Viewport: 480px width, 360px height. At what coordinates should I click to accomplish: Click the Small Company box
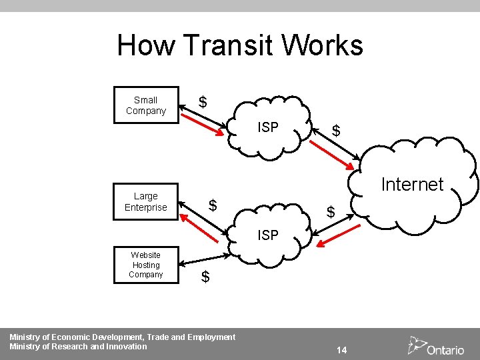145,105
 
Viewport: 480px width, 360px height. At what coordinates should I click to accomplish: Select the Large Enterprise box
145,201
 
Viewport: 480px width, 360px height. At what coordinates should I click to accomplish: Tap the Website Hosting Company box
145,265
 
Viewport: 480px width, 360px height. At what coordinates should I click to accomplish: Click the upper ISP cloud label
268,127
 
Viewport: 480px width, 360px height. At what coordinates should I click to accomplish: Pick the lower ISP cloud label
268,235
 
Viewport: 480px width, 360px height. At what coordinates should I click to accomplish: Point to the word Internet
411,184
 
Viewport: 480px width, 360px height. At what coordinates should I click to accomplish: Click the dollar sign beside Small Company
203,103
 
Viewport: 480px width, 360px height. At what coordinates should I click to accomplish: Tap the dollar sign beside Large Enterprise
213,205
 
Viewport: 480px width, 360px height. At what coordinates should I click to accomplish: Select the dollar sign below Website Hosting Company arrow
205,277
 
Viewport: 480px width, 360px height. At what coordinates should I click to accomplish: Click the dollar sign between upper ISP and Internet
336,131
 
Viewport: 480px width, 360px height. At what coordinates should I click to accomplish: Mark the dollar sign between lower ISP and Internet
330,213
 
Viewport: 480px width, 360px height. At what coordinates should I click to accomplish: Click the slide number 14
341,350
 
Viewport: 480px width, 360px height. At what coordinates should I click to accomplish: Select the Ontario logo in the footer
436,347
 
